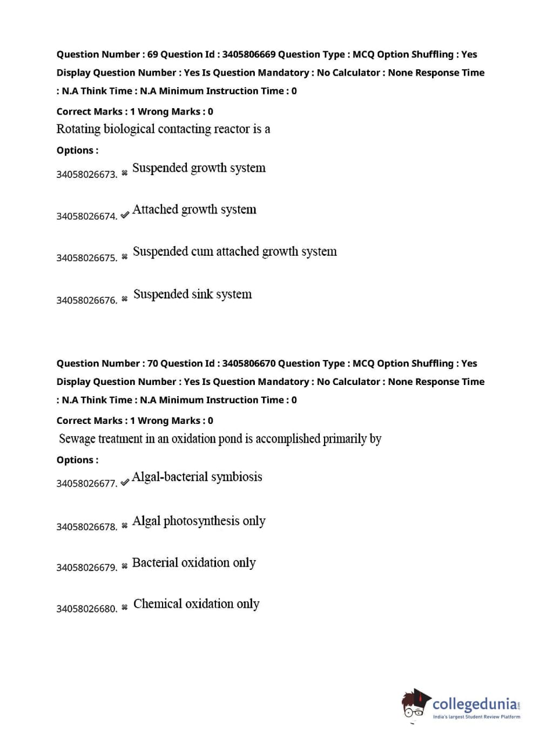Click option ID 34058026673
[x=86, y=175]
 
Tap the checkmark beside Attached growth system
[x=125, y=215]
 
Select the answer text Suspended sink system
[x=192, y=294]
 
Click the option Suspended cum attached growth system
[x=234, y=252]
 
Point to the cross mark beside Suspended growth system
[x=125, y=173]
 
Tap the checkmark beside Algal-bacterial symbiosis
[x=125, y=482]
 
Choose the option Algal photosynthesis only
[x=199, y=521]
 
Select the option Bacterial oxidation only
[x=194, y=563]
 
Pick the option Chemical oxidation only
[x=196, y=604]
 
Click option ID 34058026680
[x=86, y=609]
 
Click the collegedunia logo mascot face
[x=416, y=703]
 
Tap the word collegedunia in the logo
[x=474, y=704]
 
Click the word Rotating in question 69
[x=78, y=129]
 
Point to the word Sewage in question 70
[x=77, y=438]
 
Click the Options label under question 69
[x=77, y=150]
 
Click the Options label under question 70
[x=77, y=460]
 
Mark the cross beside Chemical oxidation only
[x=125, y=607]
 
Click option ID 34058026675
[x=86, y=258]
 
